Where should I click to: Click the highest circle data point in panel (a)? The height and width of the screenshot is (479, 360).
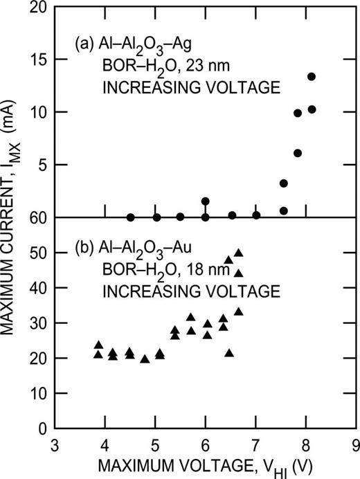pyautogui.click(x=312, y=77)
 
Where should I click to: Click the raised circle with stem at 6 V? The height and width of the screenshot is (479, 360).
pyautogui.click(x=206, y=201)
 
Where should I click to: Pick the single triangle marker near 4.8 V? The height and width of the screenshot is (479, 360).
pyautogui.click(x=145, y=359)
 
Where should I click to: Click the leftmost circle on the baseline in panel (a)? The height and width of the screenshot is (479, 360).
pyautogui.click(x=130, y=217)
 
